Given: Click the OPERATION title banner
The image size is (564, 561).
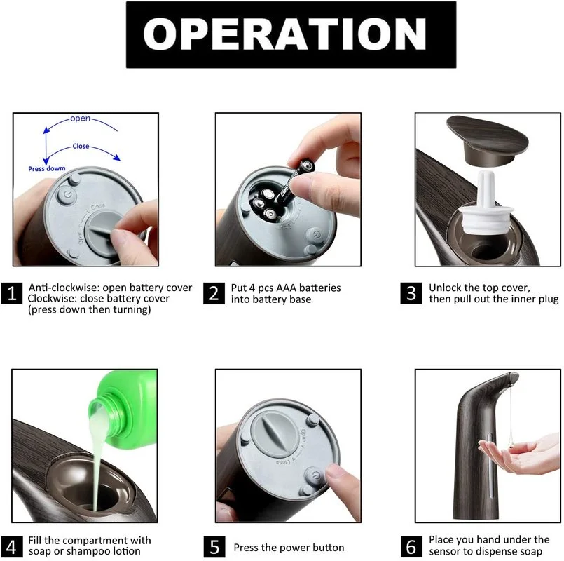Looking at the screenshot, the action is pyautogui.click(x=291, y=34).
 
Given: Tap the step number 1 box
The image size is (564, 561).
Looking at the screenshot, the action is pyautogui.click(x=11, y=293).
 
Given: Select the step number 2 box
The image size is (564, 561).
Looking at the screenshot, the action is pyautogui.click(x=214, y=293).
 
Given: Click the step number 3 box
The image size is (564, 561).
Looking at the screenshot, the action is pyautogui.click(x=411, y=293).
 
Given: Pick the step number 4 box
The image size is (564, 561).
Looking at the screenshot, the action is pyautogui.click(x=11, y=547).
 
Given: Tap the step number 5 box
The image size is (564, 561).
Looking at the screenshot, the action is pyautogui.click(x=214, y=547).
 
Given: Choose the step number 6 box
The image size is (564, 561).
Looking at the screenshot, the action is pyautogui.click(x=411, y=547).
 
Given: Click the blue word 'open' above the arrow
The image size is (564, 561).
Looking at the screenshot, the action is pyautogui.click(x=80, y=119).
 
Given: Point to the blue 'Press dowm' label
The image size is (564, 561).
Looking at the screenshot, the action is pyautogui.click(x=47, y=168).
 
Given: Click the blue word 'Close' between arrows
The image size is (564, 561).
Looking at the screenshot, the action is pyautogui.click(x=81, y=146).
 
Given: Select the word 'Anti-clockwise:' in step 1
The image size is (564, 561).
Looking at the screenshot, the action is pyautogui.click(x=64, y=288).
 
